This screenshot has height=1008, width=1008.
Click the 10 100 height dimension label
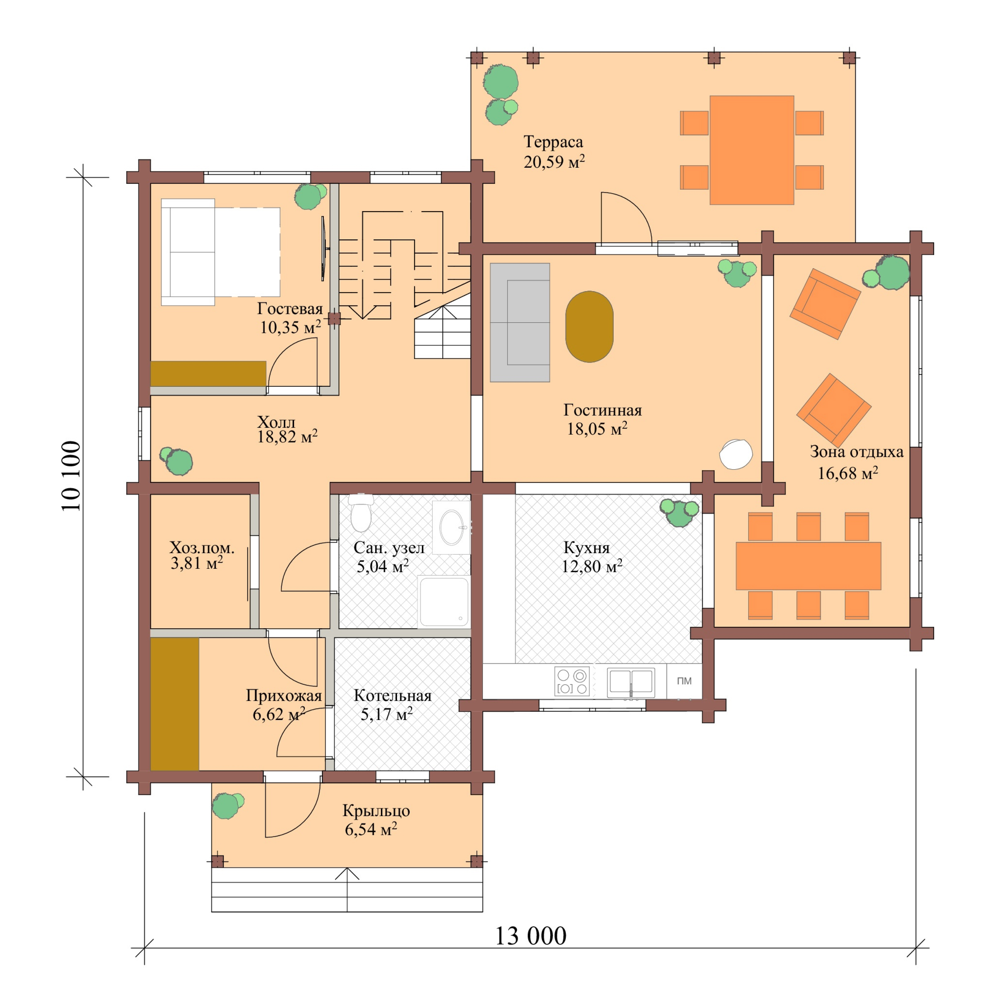pos(71,476)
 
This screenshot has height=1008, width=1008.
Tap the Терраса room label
pos(553,141)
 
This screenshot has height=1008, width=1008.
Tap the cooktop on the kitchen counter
pos(572,681)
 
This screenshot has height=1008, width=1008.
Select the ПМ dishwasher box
pos(684,681)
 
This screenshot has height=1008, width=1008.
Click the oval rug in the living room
pos(589,327)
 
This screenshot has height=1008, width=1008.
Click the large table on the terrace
pos(751,150)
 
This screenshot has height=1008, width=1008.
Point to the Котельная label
pos(392,696)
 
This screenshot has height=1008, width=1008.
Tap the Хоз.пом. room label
pos(202,548)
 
